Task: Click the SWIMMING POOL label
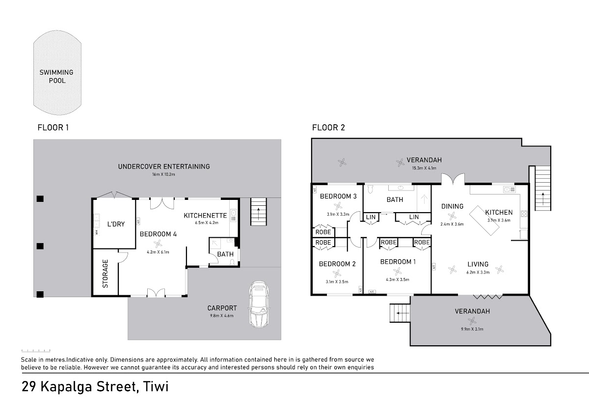click(56, 76)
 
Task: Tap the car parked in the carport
click(259, 304)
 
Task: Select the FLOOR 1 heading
click(53, 128)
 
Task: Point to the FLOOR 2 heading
click(328, 128)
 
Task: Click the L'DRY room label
click(116, 224)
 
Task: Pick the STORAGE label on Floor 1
click(105, 274)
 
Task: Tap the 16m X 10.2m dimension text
click(163, 174)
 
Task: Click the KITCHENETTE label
click(205, 216)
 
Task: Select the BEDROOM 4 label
click(158, 234)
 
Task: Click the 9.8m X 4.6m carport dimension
click(222, 316)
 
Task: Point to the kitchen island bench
click(484, 220)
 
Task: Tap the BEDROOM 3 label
click(338, 196)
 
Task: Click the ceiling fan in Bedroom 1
click(397, 271)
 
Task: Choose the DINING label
click(452, 206)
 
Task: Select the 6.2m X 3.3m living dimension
click(478, 272)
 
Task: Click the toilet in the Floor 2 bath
click(370, 189)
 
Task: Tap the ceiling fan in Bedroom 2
click(337, 274)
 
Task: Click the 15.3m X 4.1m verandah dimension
click(424, 168)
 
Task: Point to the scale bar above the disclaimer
click(36, 351)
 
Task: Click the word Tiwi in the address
click(156, 387)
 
